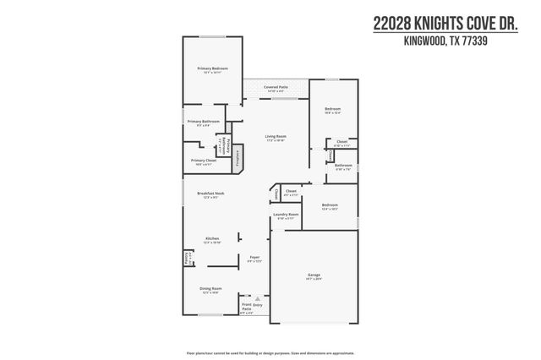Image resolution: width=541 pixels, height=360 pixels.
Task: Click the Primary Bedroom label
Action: [x=213, y=68]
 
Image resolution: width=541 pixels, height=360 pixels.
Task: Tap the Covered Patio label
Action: [x=276, y=86]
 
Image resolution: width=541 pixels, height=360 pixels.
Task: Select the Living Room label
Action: [x=276, y=136]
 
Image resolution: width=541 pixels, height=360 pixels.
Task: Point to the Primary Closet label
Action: [x=204, y=160]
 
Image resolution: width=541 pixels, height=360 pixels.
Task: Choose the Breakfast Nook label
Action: [x=210, y=194]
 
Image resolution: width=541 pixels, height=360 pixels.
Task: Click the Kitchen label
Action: [x=212, y=238]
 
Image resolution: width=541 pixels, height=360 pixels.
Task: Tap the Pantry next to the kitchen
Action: [x=188, y=257]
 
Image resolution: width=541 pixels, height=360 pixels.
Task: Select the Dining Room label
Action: [x=211, y=289]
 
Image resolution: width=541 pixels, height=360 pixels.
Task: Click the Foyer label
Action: [x=254, y=257]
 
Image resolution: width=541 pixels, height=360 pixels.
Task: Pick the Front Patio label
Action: [x=247, y=307]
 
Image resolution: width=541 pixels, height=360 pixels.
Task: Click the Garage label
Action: [x=314, y=274]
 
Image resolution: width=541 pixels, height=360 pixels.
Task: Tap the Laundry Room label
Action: [x=286, y=215]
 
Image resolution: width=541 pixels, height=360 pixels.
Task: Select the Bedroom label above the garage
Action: [x=330, y=205]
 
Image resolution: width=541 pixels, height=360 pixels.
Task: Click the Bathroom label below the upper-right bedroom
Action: [x=343, y=165]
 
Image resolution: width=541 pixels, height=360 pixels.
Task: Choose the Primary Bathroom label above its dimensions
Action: [x=204, y=122]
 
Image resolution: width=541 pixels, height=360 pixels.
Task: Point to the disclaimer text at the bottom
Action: [x=270, y=352]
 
